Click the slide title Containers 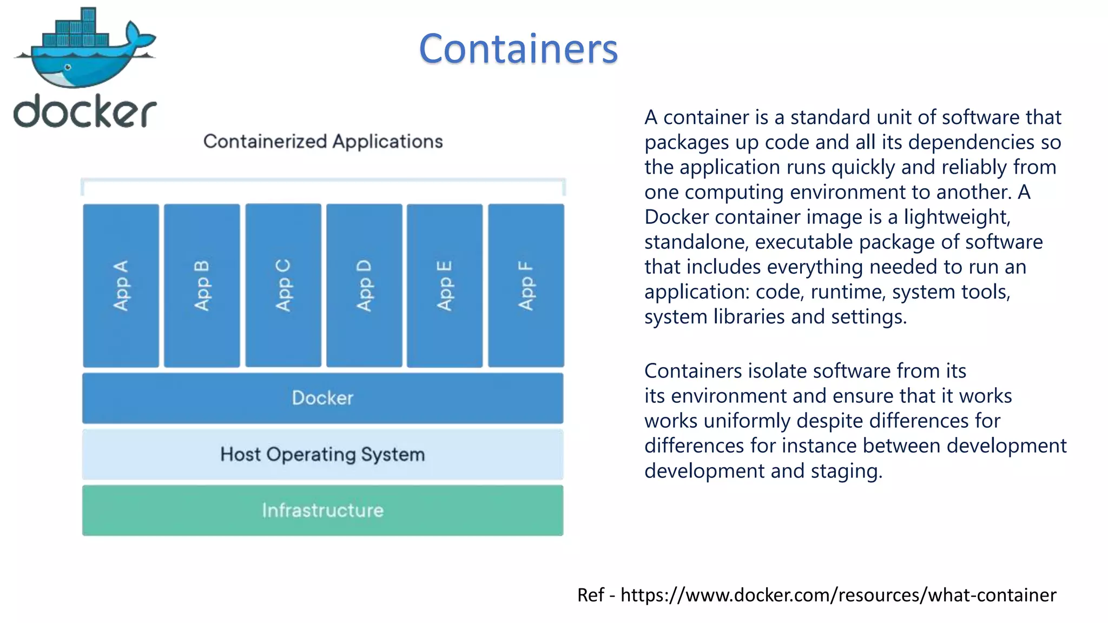[518, 49]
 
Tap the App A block [121, 286]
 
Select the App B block [202, 286]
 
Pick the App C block [283, 286]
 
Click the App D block [364, 286]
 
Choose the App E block [445, 286]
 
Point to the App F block [526, 286]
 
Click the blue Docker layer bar [322, 398]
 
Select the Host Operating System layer [322, 454]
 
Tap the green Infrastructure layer [322, 511]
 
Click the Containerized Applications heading [323, 142]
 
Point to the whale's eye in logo [68, 67]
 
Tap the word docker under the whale [85, 111]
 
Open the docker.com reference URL [838, 595]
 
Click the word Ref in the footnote [590, 595]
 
